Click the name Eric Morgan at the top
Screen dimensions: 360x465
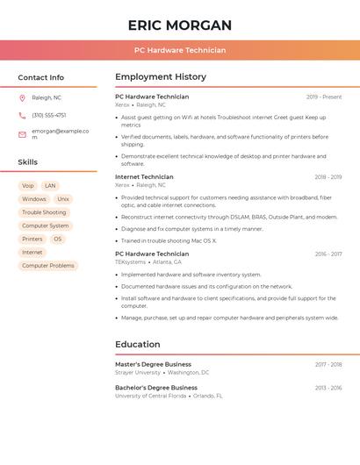[180, 25]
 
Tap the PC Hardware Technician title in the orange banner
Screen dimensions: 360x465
[180, 50]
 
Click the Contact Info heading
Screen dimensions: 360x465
[41, 77]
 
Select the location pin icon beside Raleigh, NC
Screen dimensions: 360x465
[22, 97]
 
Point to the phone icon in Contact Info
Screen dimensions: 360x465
[22, 115]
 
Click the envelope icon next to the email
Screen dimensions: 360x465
[22, 134]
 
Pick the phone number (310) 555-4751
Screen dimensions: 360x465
[49, 115]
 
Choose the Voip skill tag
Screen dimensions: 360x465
[28, 186]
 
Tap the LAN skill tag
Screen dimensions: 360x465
[50, 186]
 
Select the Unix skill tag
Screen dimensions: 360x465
[63, 199]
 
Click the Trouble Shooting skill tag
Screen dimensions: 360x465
[44, 212]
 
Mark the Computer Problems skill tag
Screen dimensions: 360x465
[48, 265]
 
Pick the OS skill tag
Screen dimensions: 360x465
[58, 239]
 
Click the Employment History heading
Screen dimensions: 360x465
[161, 77]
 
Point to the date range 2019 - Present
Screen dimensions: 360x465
[324, 97]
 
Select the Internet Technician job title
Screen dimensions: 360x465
[144, 177]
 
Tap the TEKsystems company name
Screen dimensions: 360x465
[131, 261]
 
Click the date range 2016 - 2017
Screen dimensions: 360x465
[328, 254]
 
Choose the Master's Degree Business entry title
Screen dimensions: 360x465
[153, 364]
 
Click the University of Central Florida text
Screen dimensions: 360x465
[150, 396]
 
